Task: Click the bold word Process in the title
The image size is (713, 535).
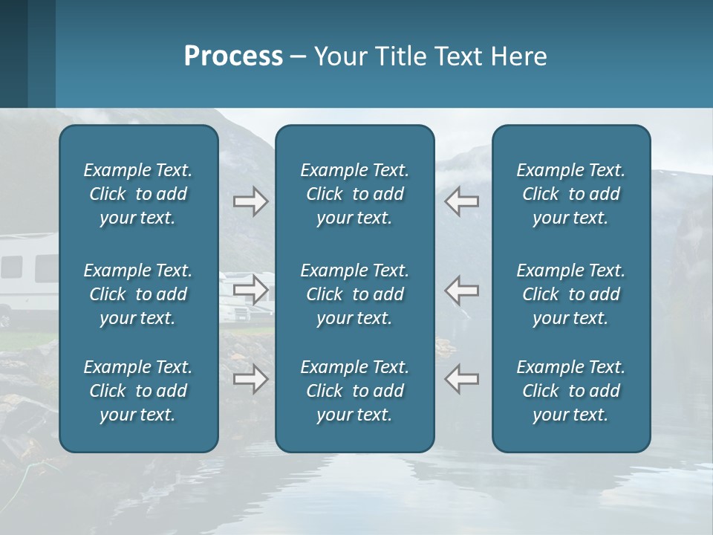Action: [x=233, y=56]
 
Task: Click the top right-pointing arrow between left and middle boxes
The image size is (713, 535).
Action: [x=250, y=201]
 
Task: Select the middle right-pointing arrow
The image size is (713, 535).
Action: [x=250, y=290]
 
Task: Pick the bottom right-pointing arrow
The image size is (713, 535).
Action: [x=250, y=379]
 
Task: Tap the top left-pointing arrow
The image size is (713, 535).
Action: [x=461, y=201]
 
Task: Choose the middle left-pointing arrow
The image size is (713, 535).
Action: [x=461, y=290]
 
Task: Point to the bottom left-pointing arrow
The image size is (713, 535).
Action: [x=461, y=379]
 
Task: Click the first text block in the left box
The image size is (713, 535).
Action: [x=138, y=194]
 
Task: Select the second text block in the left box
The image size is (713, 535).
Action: [x=138, y=294]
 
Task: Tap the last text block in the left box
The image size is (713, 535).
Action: [x=138, y=391]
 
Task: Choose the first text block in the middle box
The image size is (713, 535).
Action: [x=354, y=194]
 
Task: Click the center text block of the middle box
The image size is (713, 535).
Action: [x=354, y=294]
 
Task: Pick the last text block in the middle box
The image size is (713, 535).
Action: [x=354, y=391]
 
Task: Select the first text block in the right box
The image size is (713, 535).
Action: [x=570, y=194]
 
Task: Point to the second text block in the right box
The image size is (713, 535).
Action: [x=570, y=294]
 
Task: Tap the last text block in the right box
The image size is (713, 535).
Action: [x=570, y=391]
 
